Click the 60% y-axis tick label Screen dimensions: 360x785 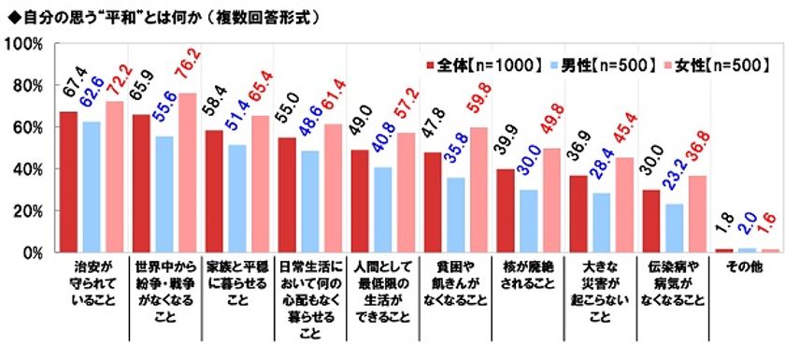[27, 127]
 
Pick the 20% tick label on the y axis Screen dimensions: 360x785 [27, 211]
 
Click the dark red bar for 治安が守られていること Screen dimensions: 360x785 [68, 181]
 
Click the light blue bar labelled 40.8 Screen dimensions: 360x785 [381, 209]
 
